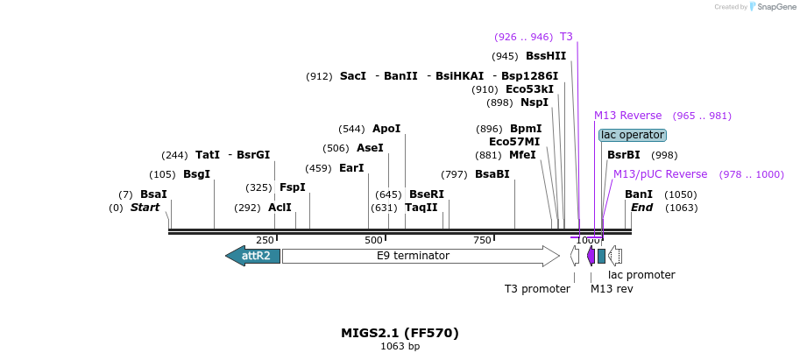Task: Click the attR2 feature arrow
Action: coord(253,256)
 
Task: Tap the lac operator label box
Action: coord(632,135)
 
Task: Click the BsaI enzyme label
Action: coord(153,194)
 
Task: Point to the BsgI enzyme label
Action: coord(196,174)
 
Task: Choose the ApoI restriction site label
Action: coord(386,129)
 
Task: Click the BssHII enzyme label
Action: coord(546,56)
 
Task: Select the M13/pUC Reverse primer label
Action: coord(660,174)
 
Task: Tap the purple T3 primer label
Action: coord(566,37)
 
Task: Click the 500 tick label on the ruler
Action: coord(374,241)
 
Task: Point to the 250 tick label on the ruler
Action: coord(265,241)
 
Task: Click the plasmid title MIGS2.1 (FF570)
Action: coord(400,333)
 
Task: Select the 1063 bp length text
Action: coord(400,347)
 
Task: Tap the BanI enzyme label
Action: coord(639,194)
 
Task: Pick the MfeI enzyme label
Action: coord(522,155)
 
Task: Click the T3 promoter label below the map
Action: coord(537,288)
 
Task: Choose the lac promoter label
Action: coord(641,275)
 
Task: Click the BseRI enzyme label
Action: coord(427,194)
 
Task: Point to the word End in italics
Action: coord(642,208)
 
